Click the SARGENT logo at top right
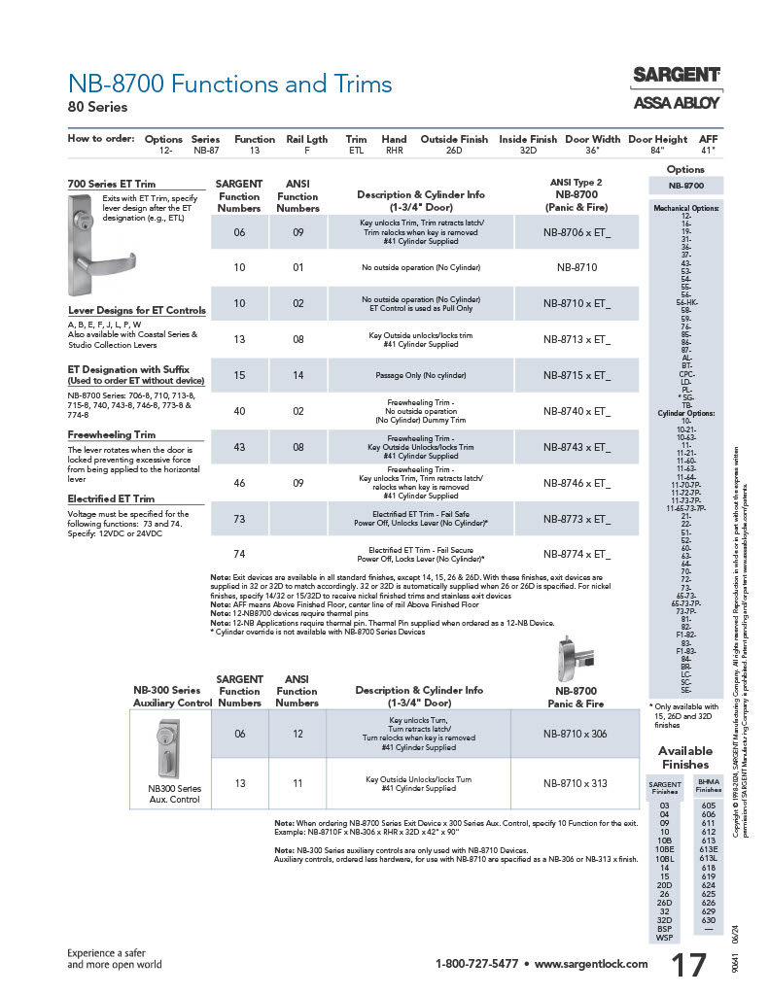[x=677, y=75]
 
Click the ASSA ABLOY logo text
[x=677, y=101]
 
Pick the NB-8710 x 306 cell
[x=576, y=734]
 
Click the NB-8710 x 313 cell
[x=576, y=783]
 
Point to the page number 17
[x=690, y=965]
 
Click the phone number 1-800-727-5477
[x=476, y=964]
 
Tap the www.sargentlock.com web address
[x=591, y=964]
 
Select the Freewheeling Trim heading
[x=112, y=435]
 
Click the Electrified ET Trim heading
[x=111, y=498]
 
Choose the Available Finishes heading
[x=685, y=757]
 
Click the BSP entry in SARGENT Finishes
[x=664, y=929]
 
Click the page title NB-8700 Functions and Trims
[x=229, y=85]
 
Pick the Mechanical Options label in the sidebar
[x=685, y=207]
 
